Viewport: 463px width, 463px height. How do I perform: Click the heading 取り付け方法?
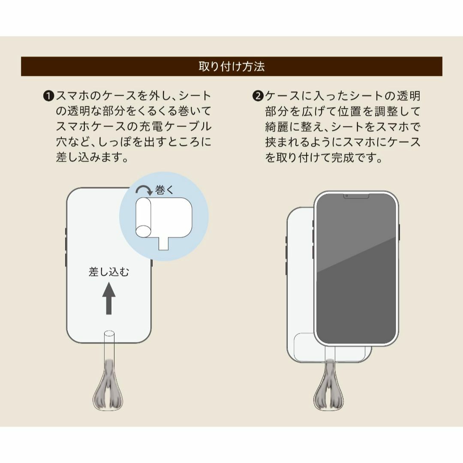(231, 66)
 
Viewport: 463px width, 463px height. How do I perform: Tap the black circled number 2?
(258, 96)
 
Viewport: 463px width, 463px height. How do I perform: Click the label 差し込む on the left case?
(109, 272)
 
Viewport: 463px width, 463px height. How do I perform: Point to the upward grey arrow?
(109, 298)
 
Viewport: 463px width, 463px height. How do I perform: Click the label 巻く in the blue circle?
(164, 190)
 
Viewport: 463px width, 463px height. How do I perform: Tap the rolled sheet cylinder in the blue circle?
(144, 218)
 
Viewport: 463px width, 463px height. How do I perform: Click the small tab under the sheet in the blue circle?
(164, 244)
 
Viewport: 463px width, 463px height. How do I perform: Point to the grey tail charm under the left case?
(108, 385)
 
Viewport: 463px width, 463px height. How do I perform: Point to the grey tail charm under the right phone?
(329, 385)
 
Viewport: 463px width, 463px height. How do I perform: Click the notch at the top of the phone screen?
(356, 196)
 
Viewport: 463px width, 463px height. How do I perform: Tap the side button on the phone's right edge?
(399, 232)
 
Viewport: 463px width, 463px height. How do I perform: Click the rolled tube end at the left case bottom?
(109, 334)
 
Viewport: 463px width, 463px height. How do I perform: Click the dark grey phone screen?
(356, 269)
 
